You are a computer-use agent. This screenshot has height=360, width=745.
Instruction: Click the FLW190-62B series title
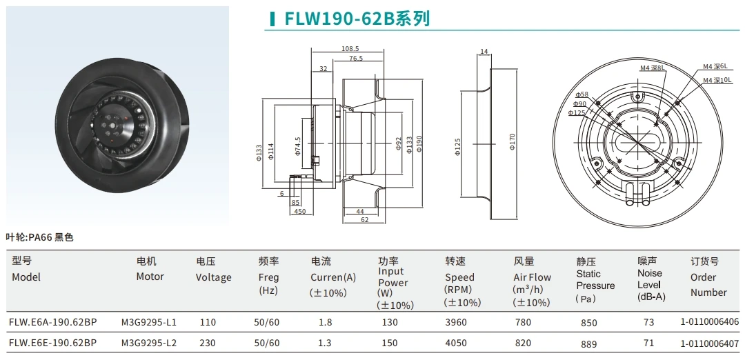pyautogui.click(x=357, y=19)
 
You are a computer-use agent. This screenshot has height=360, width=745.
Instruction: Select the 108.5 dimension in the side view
pyautogui.click(x=350, y=49)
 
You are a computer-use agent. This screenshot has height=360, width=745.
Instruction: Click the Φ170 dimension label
pyautogui.click(x=512, y=142)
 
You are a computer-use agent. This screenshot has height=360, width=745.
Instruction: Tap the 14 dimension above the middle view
pyautogui.click(x=484, y=52)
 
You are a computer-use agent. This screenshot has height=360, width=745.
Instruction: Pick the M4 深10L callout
pyautogui.click(x=717, y=81)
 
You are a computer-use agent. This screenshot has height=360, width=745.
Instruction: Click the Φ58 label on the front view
pyautogui.click(x=582, y=94)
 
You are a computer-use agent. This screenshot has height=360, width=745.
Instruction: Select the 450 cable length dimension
pyautogui.click(x=299, y=212)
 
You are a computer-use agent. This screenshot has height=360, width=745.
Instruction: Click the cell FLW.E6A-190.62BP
pyautogui.click(x=52, y=322)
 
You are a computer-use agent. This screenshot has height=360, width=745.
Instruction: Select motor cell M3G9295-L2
pyautogui.click(x=149, y=343)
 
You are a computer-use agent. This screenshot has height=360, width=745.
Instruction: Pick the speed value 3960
pyautogui.click(x=456, y=322)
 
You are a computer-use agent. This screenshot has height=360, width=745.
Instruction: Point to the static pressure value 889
pyautogui.click(x=588, y=343)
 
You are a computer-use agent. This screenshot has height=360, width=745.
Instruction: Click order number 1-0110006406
pyautogui.click(x=709, y=322)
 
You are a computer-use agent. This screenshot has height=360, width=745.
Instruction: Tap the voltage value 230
pyautogui.click(x=208, y=343)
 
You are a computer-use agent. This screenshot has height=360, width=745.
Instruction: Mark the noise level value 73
pyautogui.click(x=648, y=322)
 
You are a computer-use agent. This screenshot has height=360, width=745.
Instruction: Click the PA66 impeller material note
pyautogui.click(x=39, y=237)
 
